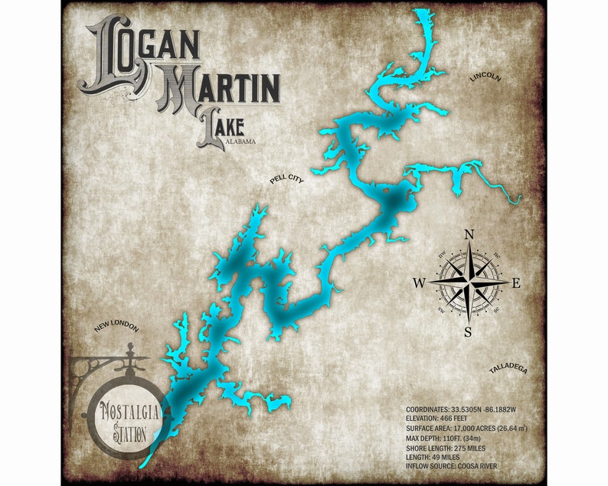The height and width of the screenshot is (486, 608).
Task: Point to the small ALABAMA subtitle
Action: tap(240, 142)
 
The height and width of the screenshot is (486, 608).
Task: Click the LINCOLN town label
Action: tap(486, 78)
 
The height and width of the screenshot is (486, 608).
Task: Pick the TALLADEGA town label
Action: tap(508, 370)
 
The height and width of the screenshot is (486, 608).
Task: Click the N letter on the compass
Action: tap(469, 235)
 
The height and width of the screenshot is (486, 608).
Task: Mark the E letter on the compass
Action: tap(516, 283)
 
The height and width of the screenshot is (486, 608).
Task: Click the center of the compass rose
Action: tap(469, 283)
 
